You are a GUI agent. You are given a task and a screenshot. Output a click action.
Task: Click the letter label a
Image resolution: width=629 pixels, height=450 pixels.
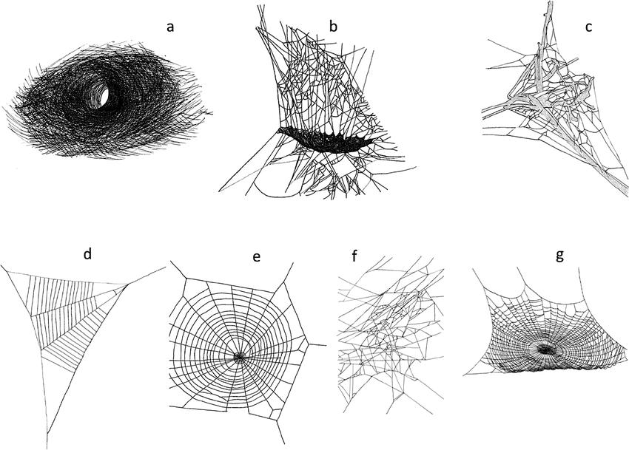point(170,27)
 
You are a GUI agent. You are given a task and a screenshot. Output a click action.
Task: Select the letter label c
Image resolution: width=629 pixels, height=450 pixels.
point(588,27)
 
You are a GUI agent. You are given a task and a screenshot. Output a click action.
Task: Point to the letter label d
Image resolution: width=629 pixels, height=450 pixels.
point(88,253)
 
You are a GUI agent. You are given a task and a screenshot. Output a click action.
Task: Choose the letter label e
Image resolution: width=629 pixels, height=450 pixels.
point(256,256)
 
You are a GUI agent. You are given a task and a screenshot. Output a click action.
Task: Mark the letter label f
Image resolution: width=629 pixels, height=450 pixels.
point(354,255)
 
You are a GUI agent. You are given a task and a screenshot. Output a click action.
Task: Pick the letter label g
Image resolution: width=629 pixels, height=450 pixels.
point(559,256)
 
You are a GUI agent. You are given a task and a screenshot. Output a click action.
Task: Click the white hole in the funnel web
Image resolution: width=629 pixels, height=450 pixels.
point(104,96)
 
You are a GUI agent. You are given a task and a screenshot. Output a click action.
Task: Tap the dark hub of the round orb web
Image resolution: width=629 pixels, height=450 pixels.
point(240,356)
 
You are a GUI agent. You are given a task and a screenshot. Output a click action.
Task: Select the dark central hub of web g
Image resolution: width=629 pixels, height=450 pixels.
point(545,349)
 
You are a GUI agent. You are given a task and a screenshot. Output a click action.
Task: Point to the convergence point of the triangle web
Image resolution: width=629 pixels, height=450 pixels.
point(127,285)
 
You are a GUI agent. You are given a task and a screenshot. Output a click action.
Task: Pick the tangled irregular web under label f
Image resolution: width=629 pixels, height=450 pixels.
point(391,333)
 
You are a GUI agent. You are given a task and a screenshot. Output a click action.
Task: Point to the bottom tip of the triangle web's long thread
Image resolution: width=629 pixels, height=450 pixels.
point(47,448)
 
